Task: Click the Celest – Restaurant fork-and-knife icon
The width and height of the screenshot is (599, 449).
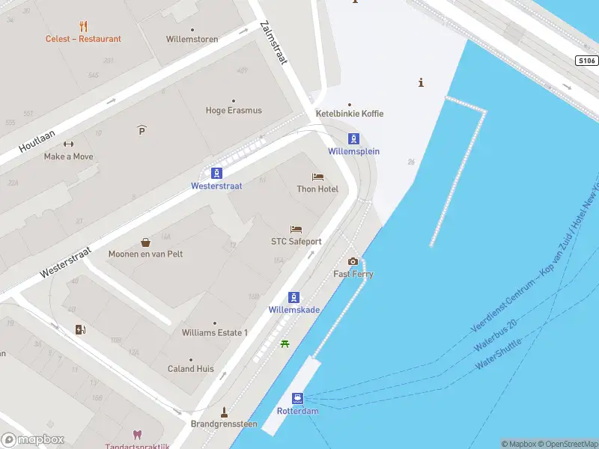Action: point(83,26)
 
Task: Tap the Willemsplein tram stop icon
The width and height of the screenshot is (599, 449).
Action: point(353,138)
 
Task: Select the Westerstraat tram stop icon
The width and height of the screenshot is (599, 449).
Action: point(216,173)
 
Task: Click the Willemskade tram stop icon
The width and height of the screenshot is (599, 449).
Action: point(294,297)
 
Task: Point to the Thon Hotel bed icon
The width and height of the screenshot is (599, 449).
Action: point(317,177)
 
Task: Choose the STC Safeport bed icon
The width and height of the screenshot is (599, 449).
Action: point(296,230)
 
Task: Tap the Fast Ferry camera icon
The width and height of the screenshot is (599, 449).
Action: point(353,261)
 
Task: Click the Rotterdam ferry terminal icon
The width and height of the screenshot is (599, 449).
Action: point(298,398)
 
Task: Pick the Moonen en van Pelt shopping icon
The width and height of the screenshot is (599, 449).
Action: point(145,242)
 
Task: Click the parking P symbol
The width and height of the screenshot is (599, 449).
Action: point(142,131)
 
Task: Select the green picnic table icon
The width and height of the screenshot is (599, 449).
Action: point(285,343)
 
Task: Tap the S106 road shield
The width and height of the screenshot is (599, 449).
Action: point(587,60)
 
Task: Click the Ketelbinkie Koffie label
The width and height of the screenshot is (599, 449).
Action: point(349,114)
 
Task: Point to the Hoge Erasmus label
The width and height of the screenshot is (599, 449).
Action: point(234,111)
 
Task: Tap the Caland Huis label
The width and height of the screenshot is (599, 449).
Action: point(190,369)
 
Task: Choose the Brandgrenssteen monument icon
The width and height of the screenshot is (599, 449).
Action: point(223,412)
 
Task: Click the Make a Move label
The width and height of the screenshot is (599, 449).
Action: point(68,156)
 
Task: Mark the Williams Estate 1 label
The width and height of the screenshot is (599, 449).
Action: point(214,332)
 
